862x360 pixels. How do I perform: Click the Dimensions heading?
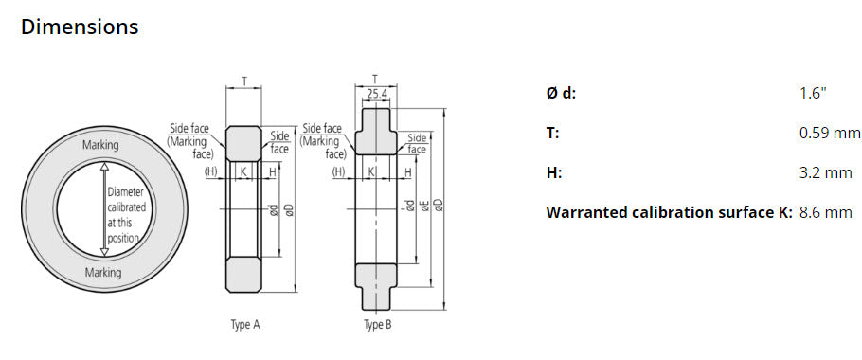[80, 27]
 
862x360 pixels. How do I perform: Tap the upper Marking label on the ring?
[101, 145]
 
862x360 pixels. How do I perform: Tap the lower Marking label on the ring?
[101, 273]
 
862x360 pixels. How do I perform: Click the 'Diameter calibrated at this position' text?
[126, 215]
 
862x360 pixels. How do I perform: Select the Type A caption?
[245, 325]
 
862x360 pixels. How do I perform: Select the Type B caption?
[377, 325]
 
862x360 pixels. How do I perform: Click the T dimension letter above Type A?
[245, 81]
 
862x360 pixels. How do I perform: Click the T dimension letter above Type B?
[375, 80]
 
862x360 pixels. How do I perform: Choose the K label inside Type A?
[244, 171]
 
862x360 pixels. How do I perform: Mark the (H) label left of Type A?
[211, 171]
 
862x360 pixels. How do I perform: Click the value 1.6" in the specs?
[813, 93]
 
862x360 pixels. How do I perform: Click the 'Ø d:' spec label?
[561, 93]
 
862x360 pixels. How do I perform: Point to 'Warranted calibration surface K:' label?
[669, 212]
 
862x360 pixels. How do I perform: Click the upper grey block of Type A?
[244, 141]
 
